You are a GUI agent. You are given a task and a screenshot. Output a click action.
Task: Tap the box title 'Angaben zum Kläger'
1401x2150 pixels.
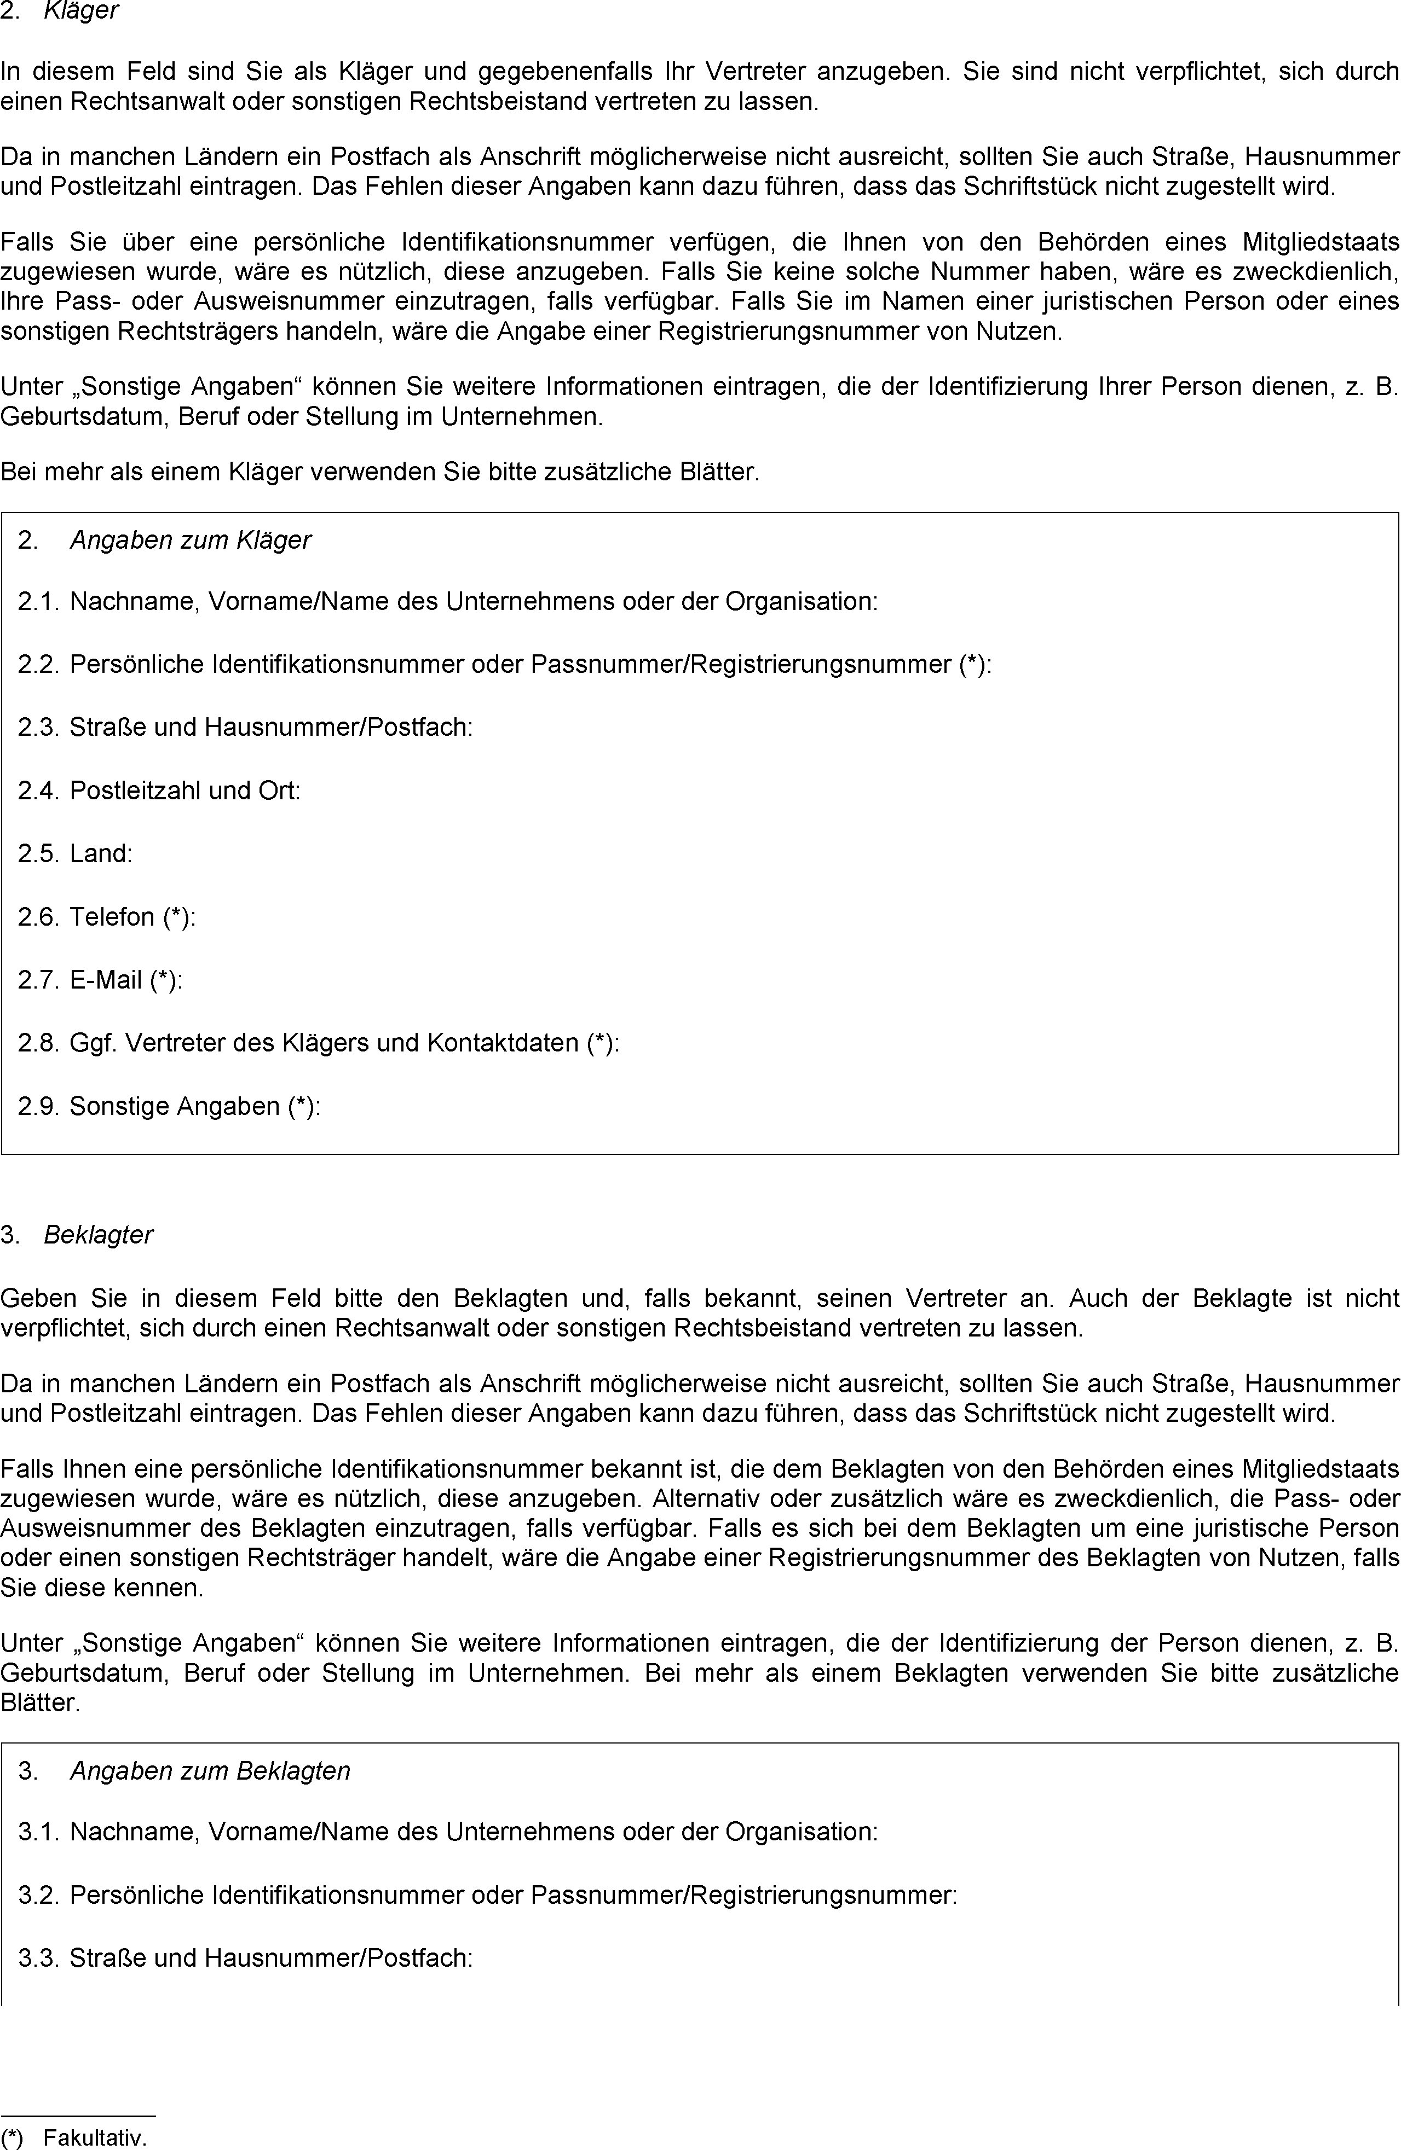tap(190, 540)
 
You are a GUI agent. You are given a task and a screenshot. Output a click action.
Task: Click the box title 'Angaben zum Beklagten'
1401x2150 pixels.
tap(210, 1770)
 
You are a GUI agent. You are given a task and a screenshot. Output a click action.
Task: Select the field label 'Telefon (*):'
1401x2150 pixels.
tap(133, 917)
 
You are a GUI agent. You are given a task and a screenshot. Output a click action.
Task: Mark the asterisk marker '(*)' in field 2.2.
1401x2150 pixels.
tap(972, 665)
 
